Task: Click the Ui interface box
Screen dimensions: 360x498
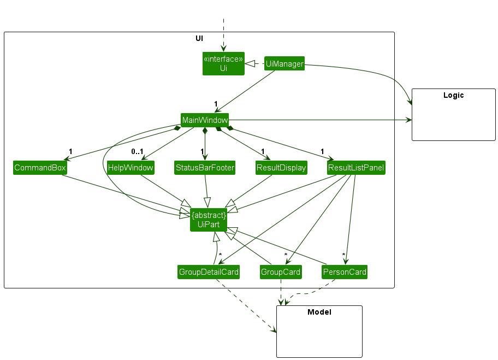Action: click(x=223, y=63)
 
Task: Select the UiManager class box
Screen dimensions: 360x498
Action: click(x=284, y=64)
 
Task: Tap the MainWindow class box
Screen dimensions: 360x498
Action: click(x=205, y=120)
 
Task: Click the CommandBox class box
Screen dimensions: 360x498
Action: click(x=40, y=168)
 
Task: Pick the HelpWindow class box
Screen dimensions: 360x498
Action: click(x=131, y=168)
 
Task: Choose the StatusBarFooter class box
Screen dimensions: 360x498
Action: click(x=205, y=168)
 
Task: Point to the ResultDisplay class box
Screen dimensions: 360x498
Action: click(x=281, y=168)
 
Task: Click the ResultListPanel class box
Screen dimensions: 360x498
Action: click(x=356, y=168)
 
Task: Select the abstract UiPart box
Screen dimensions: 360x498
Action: click(x=208, y=220)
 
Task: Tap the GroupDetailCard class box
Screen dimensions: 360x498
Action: click(x=209, y=272)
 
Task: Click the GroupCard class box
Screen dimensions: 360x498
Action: click(x=281, y=272)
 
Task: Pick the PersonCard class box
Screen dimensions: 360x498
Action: click(x=345, y=272)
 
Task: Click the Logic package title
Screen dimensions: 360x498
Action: click(x=453, y=95)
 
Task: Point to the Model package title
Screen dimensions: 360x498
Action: click(x=319, y=312)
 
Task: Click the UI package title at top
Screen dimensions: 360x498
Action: click(x=199, y=38)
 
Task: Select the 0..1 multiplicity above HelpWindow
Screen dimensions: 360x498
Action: click(x=137, y=151)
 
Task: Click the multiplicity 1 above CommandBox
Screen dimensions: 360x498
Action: click(x=70, y=151)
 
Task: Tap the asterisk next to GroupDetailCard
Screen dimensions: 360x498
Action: click(x=220, y=255)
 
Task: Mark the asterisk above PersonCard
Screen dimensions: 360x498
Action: click(x=343, y=255)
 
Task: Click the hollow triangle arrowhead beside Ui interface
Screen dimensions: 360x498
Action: click(x=250, y=64)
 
